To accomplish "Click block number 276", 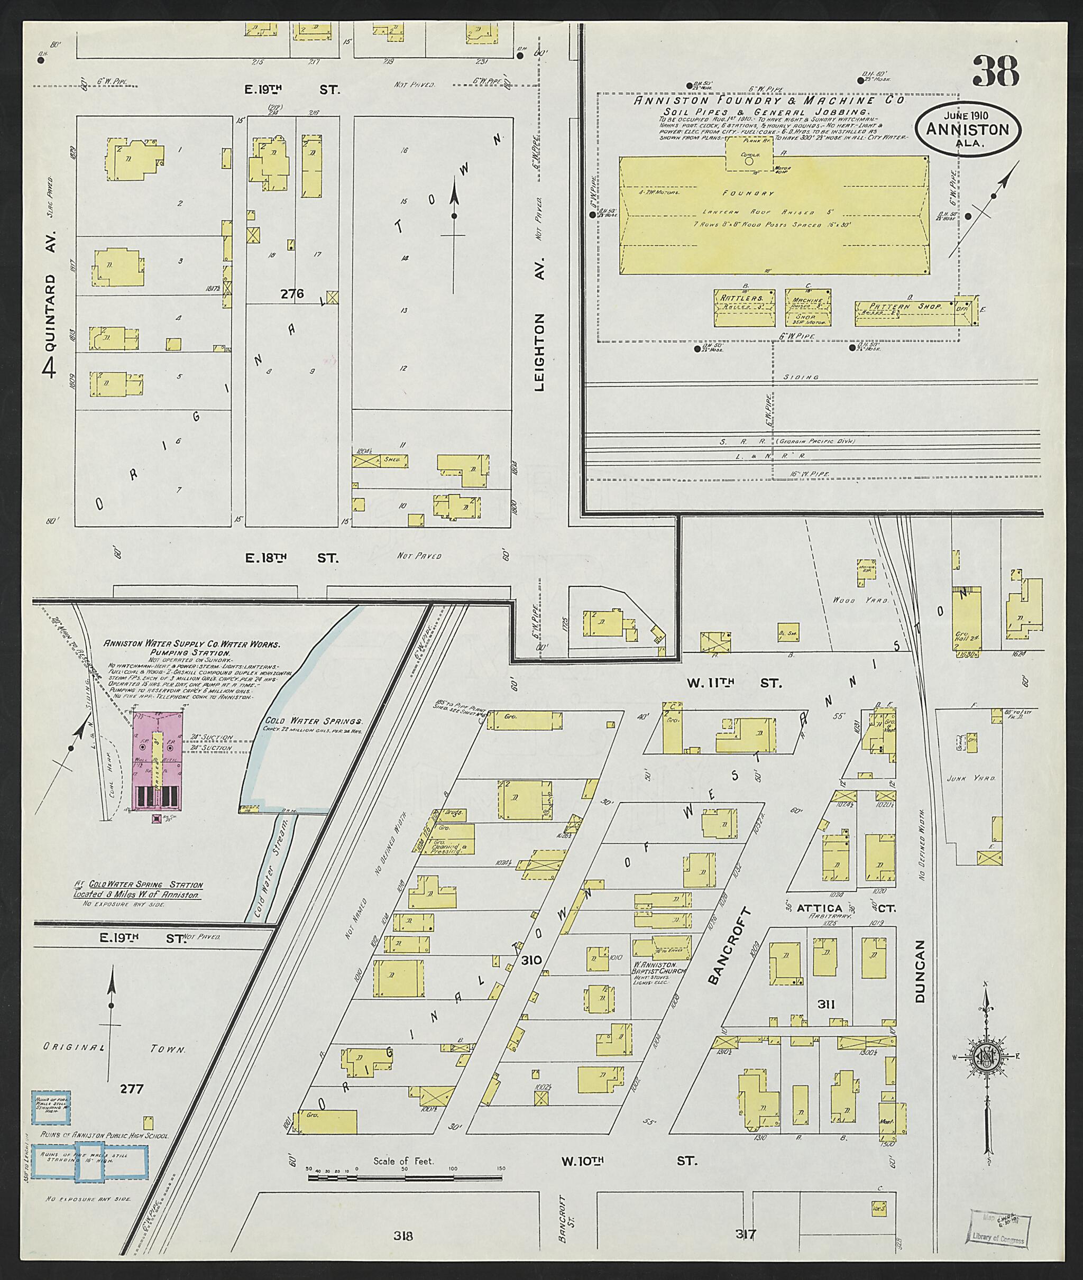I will click(x=292, y=293).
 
